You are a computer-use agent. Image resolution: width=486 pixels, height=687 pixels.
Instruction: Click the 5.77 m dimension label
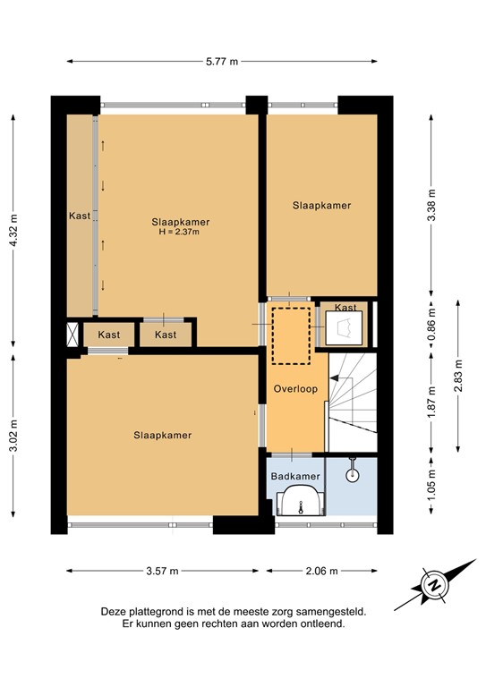coord(221,62)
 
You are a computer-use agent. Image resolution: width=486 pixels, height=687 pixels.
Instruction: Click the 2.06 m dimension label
coord(321,570)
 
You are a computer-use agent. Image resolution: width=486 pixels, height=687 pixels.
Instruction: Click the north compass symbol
coord(435,586)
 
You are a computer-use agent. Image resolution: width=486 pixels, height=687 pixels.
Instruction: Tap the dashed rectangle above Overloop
coord(290,335)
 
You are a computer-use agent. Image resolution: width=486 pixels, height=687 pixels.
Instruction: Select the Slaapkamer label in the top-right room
coord(321,206)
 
